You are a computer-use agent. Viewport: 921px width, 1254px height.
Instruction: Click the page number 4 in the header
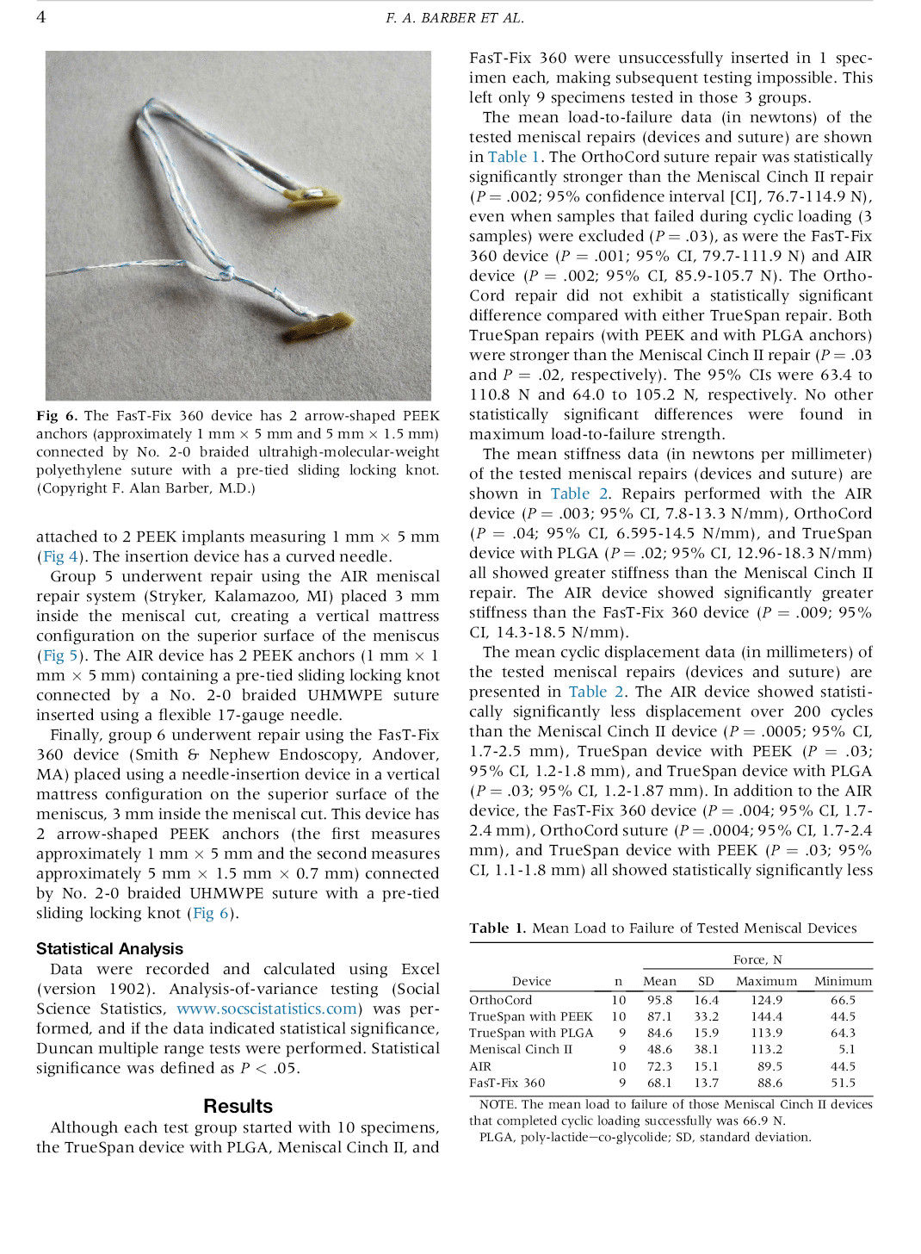tap(40, 17)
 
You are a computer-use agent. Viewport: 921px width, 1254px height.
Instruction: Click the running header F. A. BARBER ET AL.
tap(454, 18)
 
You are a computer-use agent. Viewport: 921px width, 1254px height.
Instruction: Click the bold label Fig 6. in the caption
tap(57, 416)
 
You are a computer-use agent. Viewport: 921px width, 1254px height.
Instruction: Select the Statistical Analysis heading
tap(109, 948)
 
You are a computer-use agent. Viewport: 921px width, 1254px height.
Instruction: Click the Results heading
tap(238, 1106)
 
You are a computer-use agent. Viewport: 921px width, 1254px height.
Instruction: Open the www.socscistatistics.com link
tap(266, 1009)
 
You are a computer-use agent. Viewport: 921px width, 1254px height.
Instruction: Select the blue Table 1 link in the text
tap(513, 157)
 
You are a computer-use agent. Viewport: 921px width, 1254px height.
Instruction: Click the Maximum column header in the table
tap(766, 981)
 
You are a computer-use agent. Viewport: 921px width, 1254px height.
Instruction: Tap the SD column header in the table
tap(706, 981)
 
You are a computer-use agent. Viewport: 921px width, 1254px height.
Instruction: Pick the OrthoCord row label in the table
tap(500, 1000)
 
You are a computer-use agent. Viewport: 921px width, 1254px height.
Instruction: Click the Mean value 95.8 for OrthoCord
tap(659, 1000)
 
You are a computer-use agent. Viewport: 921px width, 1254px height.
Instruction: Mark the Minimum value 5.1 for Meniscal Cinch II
tap(847, 1049)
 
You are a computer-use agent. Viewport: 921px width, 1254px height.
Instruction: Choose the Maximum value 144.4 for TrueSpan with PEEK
tap(766, 1016)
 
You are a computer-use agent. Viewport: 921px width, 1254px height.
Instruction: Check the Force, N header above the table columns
tap(757, 959)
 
